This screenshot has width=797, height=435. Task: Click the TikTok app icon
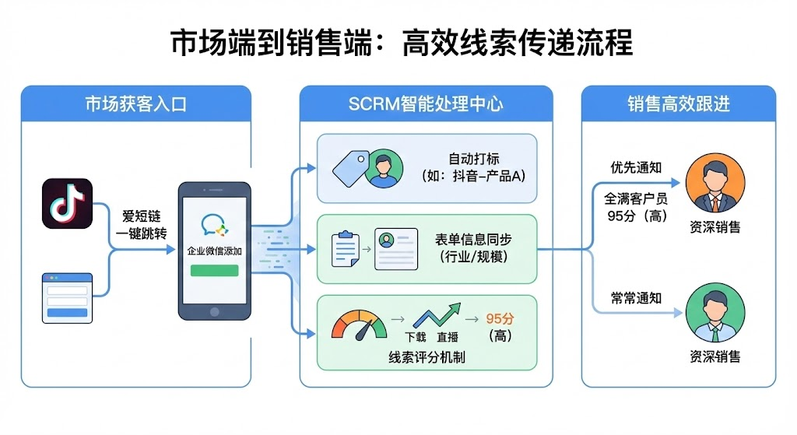click(x=67, y=203)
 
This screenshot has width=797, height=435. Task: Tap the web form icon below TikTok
click(x=67, y=296)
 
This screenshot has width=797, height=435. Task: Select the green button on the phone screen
click(x=214, y=270)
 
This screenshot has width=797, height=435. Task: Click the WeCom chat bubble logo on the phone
click(x=214, y=226)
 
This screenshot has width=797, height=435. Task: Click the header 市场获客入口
click(x=136, y=104)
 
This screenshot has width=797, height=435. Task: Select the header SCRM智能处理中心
click(x=426, y=104)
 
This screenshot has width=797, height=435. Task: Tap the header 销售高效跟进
click(x=679, y=104)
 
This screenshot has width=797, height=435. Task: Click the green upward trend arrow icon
click(x=434, y=317)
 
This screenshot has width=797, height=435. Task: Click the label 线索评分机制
click(x=427, y=357)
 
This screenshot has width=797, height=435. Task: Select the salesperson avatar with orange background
click(x=714, y=187)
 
